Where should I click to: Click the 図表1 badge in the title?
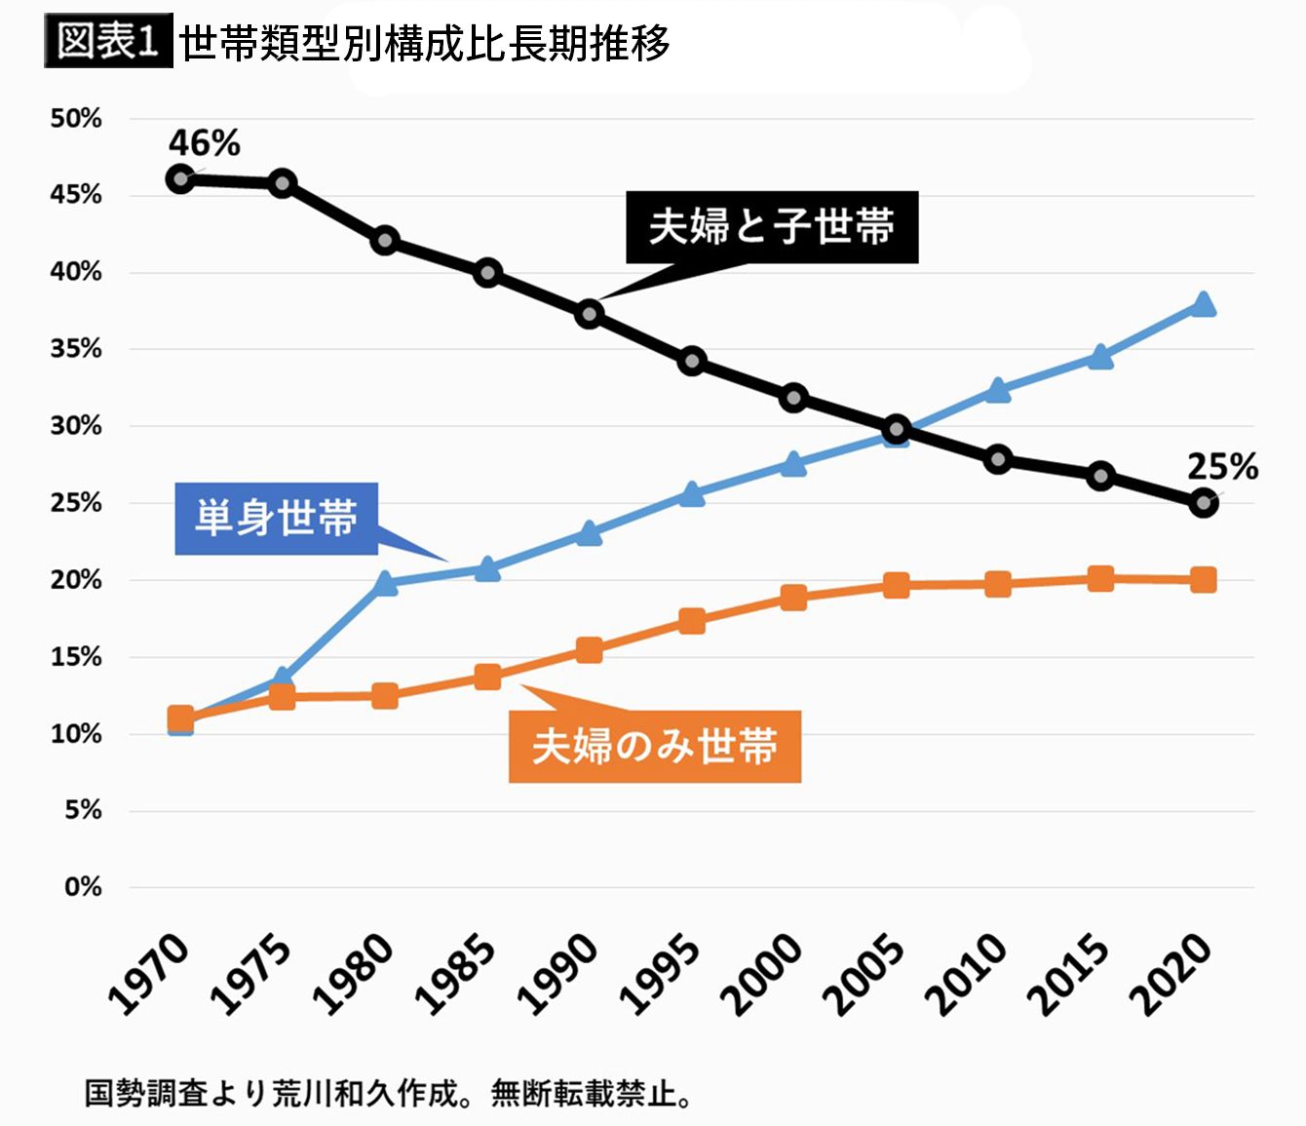click(108, 40)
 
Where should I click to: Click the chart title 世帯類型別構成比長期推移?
click(424, 43)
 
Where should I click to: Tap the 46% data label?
click(204, 142)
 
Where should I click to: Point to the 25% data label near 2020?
click(1222, 466)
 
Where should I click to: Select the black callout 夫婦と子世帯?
click(772, 227)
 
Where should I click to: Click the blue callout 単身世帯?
click(276, 518)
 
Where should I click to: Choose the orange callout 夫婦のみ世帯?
click(655, 746)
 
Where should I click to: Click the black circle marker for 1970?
click(180, 179)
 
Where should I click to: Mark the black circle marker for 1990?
click(590, 313)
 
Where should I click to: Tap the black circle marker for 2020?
click(1204, 503)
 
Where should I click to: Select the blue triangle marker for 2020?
click(1203, 304)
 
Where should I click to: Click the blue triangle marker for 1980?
click(385, 583)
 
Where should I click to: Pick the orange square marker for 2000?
click(793, 597)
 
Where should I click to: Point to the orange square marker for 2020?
click(1203, 579)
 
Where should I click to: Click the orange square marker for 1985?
click(487, 677)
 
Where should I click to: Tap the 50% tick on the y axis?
click(76, 118)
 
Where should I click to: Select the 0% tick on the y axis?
click(83, 886)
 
